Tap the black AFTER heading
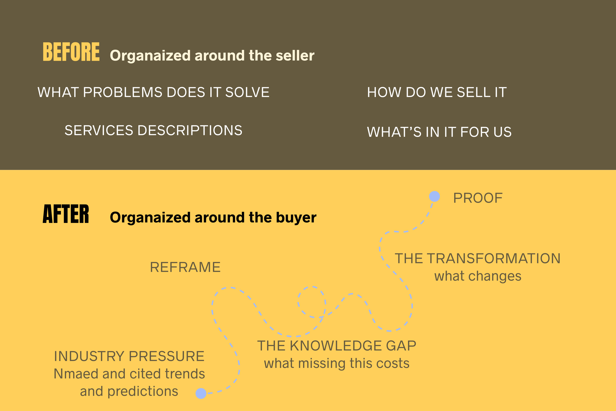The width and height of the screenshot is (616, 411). [x=66, y=214]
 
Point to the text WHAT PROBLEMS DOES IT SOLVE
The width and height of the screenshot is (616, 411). [x=154, y=92]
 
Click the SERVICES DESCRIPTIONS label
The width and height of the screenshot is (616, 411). [x=154, y=130]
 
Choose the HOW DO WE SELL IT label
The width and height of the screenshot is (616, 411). [x=437, y=92]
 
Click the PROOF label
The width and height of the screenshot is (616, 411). [x=478, y=198]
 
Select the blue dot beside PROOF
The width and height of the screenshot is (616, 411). [x=434, y=197]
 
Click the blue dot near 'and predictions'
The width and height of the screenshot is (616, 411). [x=201, y=393]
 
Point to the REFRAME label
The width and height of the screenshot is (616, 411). [x=185, y=267]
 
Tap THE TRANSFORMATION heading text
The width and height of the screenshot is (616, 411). [x=478, y=258]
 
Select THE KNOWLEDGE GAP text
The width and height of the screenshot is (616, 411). [x=337, y=346]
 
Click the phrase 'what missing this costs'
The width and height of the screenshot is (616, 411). [x=337, y=364]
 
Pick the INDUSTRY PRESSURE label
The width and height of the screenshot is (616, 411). [x=129, y=356]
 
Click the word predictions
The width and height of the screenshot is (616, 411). [x=143, y=391]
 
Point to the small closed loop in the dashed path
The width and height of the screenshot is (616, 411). [x=312, y=302]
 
